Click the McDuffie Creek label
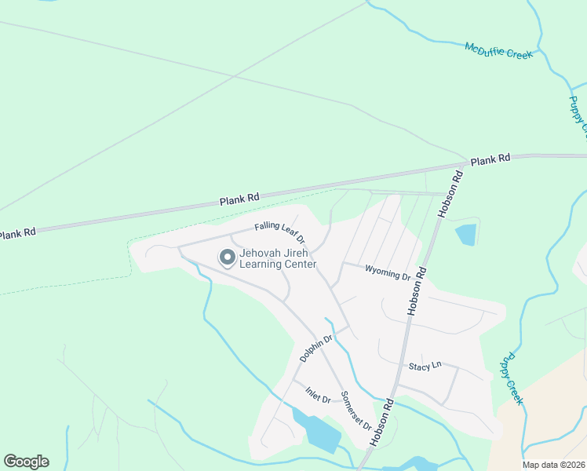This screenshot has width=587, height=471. [498, 51]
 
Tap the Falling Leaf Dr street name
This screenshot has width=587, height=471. [279, 232]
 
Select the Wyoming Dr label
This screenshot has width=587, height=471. [387, 272]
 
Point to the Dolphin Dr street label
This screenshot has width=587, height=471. [316, 349]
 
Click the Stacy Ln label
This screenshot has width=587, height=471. [425, 366]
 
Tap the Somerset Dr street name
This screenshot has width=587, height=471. [355, 409]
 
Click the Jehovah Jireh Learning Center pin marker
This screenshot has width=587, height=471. [228, 257]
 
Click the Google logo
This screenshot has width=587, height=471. [26, 462]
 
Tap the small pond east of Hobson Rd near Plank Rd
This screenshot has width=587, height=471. [466, 234]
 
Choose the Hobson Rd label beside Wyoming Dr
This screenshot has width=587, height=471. [416, 291]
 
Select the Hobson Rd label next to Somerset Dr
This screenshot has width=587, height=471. [381, 422]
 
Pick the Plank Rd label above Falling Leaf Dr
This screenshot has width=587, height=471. [239, 199]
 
